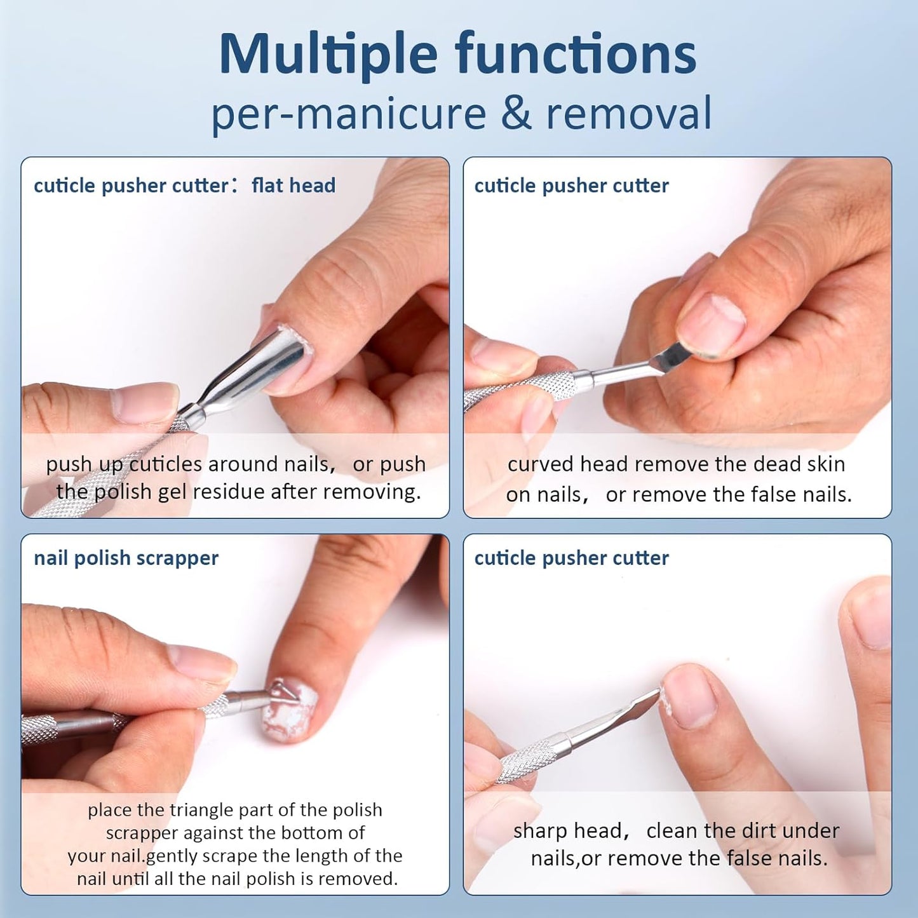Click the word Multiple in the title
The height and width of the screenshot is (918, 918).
[x=328, y=55]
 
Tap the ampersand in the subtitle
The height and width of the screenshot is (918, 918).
[x=516, y=113]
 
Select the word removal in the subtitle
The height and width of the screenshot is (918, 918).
[x=629, y=113]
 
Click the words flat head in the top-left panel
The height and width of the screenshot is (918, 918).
[x=294, y=186]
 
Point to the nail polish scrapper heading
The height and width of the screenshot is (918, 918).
[x=126, y=558]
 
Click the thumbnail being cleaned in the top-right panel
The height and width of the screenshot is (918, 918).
[x=710, y=324]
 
